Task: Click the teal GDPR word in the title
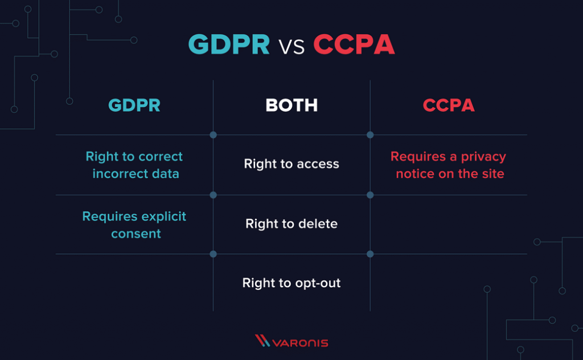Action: click(x=229, y=44)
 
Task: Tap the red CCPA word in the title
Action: click(x=354, y=44)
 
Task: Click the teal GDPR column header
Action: click(x=134, y=105)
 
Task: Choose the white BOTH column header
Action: click(x=291, y=105)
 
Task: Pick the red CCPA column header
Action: click(x=449, y=105)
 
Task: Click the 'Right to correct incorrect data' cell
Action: click(x=134, y=165)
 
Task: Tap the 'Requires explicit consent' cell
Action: click(x=134, y=225)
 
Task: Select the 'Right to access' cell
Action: click(x=291, y=164)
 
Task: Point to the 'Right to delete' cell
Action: click(x=291, y=224)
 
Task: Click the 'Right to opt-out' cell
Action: click(x=291, y=283)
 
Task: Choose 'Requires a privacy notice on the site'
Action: click(x=449, y=165)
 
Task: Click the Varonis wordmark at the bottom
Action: click(x=301, y=343)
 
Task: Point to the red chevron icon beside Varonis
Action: click(x=262, y=341)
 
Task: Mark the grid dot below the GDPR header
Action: click(x=213, y=135)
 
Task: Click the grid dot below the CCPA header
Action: click(x=370, y=135)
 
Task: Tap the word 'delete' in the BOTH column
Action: click(x=318, y=224)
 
